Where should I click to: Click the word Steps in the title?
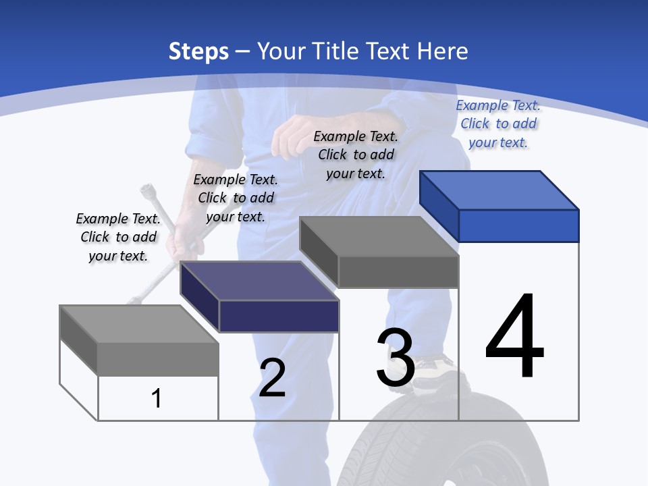point(198,51)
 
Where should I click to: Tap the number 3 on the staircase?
point(396,358)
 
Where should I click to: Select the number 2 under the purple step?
point(272,378)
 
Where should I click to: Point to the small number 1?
point(157,398)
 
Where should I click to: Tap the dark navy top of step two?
point(259,281)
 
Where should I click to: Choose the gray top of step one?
point(139,324)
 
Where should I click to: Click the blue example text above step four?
point(498,124)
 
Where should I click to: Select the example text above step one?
point(118,237)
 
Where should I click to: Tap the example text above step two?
point(236,198)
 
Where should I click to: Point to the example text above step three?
point(356,155)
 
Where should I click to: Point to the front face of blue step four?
point(518,225)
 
